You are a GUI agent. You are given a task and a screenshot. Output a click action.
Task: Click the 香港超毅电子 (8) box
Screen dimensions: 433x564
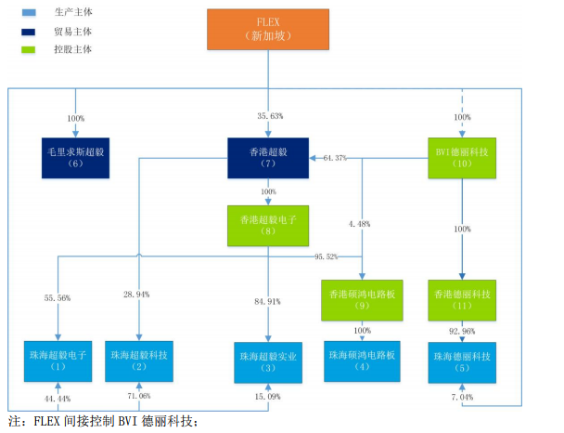268,226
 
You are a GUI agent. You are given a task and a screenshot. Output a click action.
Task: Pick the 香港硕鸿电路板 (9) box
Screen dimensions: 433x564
362,300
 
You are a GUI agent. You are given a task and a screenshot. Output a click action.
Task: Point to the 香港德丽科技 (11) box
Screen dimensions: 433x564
462,300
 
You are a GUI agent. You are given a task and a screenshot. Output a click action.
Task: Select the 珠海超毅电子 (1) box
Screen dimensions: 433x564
58,361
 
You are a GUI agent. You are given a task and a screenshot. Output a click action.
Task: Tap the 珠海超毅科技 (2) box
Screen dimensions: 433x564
139,361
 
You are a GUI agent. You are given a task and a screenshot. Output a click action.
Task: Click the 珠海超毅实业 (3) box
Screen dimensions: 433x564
269,362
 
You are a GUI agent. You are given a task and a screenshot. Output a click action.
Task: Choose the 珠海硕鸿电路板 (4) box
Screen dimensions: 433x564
362,361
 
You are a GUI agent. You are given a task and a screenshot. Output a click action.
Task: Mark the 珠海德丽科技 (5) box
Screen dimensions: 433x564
462,361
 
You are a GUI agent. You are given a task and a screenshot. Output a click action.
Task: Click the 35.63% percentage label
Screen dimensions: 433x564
270,116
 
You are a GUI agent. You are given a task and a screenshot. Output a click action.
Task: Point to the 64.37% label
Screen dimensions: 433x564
335,158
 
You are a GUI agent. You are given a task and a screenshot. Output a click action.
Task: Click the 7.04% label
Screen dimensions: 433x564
462,397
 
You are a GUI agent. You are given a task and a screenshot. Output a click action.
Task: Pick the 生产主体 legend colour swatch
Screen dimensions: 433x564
29,12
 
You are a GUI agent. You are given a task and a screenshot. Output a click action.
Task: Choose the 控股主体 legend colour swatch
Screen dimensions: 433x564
29,48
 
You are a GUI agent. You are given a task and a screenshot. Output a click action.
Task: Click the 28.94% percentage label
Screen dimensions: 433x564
138,295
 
